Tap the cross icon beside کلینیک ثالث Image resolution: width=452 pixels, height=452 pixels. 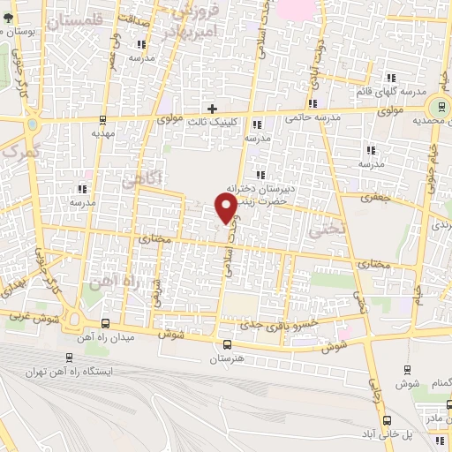[x=213, y=108]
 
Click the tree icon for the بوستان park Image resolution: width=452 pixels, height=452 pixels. [x=7, y=16]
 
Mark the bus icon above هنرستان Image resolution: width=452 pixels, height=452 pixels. [x=228, y=345]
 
